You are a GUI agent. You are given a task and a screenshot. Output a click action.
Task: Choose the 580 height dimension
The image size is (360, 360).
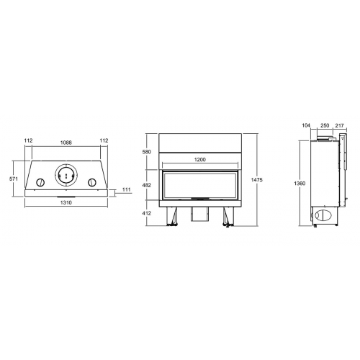click(x=148, y=152)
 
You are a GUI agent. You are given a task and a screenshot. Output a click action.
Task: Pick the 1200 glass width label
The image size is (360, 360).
click(x=200, y=160)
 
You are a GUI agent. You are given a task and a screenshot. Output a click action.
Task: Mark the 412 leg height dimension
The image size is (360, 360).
click(x=148, y=213)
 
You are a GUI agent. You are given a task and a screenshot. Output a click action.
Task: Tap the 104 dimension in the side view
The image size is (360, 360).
click(x=306, y=125)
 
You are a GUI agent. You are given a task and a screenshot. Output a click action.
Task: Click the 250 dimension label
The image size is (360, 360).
click(x=325, y=125)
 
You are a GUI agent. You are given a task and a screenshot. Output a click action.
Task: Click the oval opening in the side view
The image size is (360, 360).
click(x=325, y=215)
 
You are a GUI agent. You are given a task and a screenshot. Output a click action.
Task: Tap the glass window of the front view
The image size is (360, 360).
click(x=200, y=184)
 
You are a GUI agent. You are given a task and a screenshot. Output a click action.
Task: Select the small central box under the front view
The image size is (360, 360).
click(x=199, y=214)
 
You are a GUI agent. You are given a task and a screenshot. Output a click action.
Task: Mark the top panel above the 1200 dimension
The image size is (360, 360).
click(x=200, y=141)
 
